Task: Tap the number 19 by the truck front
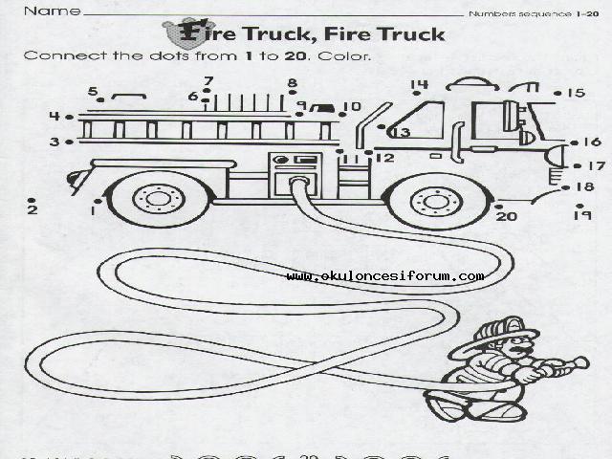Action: [581, 216]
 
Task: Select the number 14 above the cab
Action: [419, 86]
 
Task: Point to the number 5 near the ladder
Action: [94, 92]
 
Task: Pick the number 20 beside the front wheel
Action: [506, 216]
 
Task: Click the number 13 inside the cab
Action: [399, 133]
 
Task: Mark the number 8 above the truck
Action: [293, 83]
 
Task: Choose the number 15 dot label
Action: [575, 93]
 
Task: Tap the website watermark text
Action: [384, 276]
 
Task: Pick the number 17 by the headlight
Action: [595, 166]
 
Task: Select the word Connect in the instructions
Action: [56, 55]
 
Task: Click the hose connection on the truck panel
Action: [298, 180]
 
